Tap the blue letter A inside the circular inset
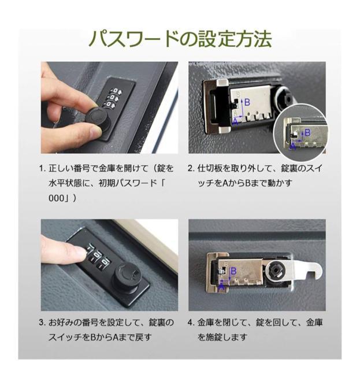tap(293, 147)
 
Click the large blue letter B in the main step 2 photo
tap(248, 103)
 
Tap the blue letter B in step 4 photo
tap(233, 271)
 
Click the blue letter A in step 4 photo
tap(222, 283)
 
